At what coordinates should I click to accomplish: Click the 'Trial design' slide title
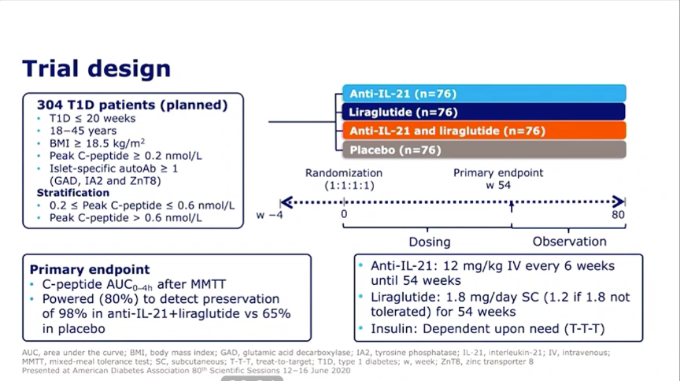[96, 69]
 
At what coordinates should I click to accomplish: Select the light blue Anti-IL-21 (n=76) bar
[484, 94]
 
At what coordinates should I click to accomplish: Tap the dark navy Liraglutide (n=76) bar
[484, 112]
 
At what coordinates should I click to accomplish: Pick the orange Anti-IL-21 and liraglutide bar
[484, 131]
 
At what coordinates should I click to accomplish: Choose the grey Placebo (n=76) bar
[484, 150]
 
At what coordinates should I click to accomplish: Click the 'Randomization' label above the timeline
[344, 172]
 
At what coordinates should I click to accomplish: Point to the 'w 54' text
[498, 185]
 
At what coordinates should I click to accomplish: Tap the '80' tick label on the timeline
[618, 214]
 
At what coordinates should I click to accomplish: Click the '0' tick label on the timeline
[344, 214]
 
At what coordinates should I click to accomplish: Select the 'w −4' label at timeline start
[269, 215]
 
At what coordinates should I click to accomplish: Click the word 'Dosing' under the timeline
[430, 242]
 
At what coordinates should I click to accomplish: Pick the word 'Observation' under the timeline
[569, 241]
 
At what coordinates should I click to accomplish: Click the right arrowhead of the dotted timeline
[619, 202]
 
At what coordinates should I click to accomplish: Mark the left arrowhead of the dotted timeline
[286, 202]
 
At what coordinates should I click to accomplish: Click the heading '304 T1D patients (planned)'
[132, 105]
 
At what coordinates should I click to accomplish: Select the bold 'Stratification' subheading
[73, 193]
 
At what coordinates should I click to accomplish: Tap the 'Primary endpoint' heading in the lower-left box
[90, 269]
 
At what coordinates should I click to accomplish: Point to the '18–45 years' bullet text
[83, 131]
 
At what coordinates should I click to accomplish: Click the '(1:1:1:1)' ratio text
[349, 185]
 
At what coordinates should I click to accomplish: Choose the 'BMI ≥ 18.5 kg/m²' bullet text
[97, 143]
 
